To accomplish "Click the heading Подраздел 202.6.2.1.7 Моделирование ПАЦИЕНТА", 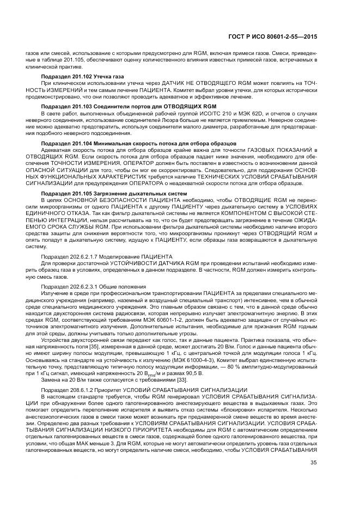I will (x=107, y=255).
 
